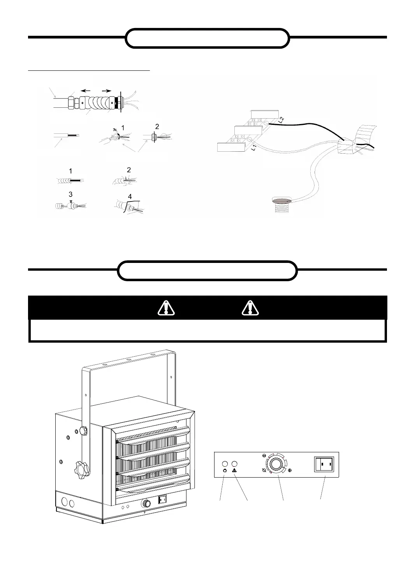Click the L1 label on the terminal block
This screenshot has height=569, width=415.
[253, 147]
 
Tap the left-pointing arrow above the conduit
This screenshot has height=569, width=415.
[86, 91]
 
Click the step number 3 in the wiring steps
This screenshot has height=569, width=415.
[70, 194]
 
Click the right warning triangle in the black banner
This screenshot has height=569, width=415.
[250, 308]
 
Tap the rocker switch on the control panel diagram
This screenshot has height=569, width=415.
[325, 464]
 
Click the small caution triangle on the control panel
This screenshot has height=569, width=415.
[235, 471]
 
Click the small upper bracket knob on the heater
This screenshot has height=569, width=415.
[83, 430]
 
